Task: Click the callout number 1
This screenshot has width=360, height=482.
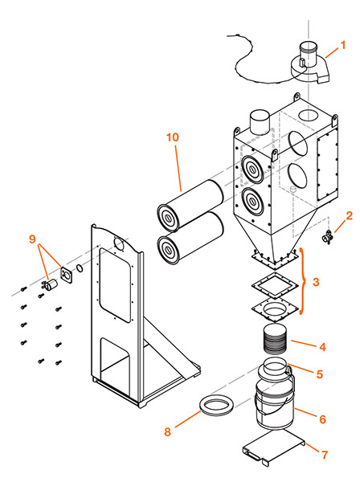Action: click(343, 46)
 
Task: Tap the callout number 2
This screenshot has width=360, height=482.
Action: click(349, 216)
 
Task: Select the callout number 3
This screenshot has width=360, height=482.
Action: click(316, 282)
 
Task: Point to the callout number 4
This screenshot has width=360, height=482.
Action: click(322, 347)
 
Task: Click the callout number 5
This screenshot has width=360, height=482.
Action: click(320, 374)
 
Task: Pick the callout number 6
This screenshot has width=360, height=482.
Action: click(322, 419)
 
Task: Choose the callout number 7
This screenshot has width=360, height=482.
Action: click(325, 455)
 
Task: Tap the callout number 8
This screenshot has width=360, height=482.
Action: click(168, 431)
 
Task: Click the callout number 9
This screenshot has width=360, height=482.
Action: click(32, 239)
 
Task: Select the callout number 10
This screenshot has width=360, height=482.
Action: click(173, 137)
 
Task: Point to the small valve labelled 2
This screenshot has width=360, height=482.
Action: click(326, 238)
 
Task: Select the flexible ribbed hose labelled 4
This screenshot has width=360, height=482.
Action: click(276, 339)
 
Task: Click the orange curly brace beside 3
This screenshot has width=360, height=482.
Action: click(304, 281)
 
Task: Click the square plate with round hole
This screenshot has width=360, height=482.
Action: click(275, 310)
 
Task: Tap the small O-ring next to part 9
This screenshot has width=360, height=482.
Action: click(80, 268)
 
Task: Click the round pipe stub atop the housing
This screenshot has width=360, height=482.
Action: click(260, 122)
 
